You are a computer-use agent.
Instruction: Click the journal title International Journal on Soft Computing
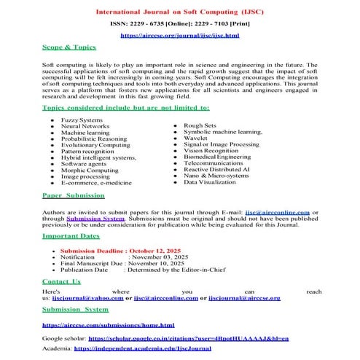click(x=180, y=12)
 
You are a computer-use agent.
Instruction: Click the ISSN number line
click(x=180, y=23)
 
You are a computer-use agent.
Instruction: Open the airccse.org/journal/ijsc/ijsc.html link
click(x=179, y=34)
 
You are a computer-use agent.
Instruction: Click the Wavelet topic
click(x=195, y=138)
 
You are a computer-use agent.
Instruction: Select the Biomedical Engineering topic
click(x=216, y=157)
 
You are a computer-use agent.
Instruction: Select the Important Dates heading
click(x=72, y=237)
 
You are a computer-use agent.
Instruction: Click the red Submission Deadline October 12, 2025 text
click(x=109, y=250)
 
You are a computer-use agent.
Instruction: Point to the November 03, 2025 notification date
click(x=159, y=257)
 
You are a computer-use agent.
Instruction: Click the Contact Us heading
click(x=61, y=281)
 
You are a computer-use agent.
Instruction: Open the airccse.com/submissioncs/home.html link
click(x=108, y=324)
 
